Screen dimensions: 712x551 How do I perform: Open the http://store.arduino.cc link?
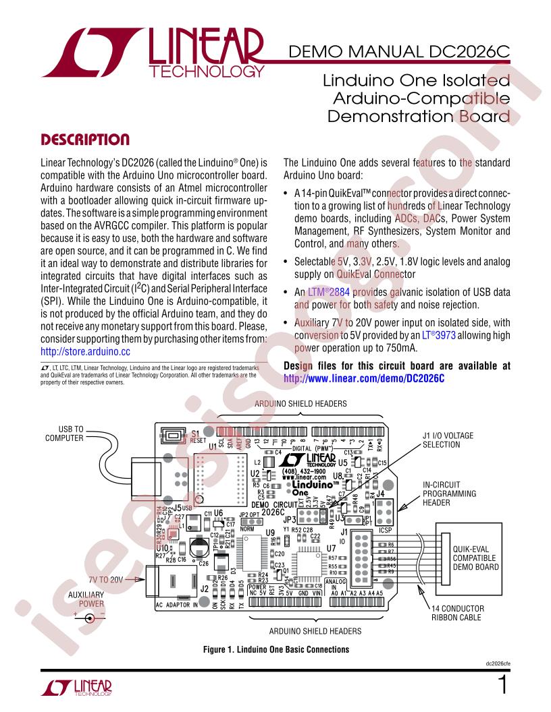[x=85, y=351]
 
